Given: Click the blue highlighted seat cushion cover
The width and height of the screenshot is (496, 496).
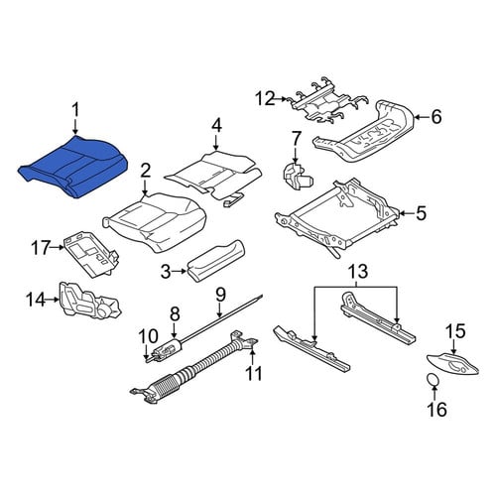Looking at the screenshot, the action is click(72, 167).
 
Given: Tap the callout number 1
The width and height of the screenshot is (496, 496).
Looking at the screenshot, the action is click(76, 110).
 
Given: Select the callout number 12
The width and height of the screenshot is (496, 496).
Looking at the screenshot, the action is click(265, 98).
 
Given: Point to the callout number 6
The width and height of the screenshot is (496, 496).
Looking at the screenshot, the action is click(436, 117).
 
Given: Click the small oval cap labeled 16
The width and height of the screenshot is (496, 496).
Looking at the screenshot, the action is click(433, 379).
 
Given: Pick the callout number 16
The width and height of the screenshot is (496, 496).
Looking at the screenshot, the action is click(436, 409).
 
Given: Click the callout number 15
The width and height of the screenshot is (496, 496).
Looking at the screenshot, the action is click(455, 331).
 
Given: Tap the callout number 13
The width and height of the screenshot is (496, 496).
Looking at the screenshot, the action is click(357, 271).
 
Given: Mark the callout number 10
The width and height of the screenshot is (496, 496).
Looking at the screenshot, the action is click(148, 336).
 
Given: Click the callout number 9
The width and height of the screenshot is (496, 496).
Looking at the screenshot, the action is click(220, 295).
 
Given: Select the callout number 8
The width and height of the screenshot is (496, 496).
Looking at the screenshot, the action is click(175, 313).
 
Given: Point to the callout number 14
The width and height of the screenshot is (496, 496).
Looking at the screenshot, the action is click(36, 300).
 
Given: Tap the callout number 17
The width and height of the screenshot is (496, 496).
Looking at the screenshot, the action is click(41, 247).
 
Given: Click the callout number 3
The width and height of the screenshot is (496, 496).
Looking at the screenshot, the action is click(166, 272).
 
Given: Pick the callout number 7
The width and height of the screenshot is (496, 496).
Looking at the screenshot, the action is click(296, 139).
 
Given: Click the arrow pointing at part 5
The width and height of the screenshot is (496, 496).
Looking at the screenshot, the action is click(406, 213).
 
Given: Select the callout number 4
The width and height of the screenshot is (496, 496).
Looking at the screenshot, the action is click(216, 126).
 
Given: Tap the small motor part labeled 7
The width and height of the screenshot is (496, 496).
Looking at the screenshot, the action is click(297, 177).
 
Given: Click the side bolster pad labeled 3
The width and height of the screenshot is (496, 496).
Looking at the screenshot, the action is click(216, 261).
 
